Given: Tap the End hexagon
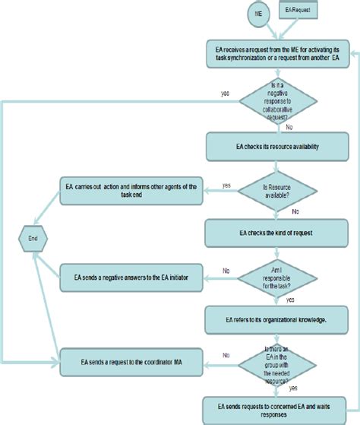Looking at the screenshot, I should (x=33, y=237).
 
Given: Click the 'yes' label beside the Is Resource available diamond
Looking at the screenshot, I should (x=226, y=184).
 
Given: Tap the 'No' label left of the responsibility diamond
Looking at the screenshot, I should (x=226, y=270).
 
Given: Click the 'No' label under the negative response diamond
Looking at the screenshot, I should (x=289, y=128).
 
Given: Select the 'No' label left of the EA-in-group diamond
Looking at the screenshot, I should (x=226, y=355).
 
